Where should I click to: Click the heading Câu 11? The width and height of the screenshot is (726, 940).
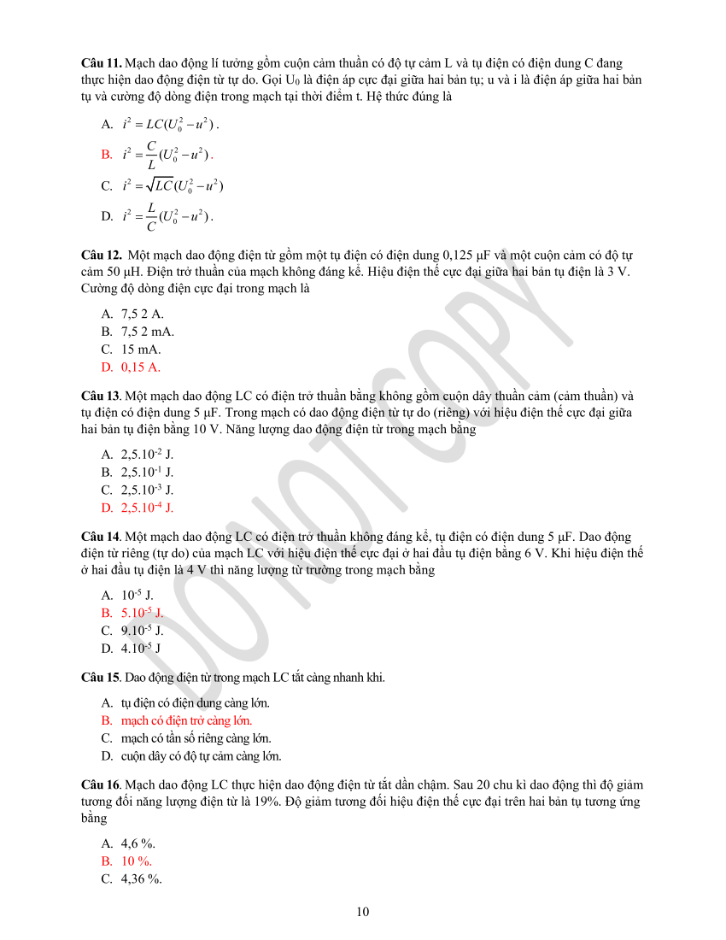click(101, 63)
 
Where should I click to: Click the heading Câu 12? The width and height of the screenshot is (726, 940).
click(101, 255)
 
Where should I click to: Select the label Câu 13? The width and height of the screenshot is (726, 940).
click(100, 396)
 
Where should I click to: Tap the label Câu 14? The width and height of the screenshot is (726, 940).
click(100, 537)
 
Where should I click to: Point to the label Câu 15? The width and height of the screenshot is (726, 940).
click(100, 678)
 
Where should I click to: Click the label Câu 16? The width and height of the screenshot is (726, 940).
click(100, 784)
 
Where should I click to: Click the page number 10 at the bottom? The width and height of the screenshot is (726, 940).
click(363, 912)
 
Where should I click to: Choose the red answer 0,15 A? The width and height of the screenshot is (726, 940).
click(140, 367)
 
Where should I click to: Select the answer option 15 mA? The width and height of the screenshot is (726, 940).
click(141, 349)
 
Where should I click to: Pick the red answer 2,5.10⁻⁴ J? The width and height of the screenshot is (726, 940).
click(147, 508)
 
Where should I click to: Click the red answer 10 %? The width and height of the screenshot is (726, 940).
click(136, 861)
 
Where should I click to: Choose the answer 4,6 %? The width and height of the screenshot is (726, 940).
click(138, 843)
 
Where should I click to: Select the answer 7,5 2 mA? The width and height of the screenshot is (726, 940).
click(147, 332)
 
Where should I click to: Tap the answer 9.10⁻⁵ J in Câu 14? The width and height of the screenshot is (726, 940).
click(142, 631)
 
